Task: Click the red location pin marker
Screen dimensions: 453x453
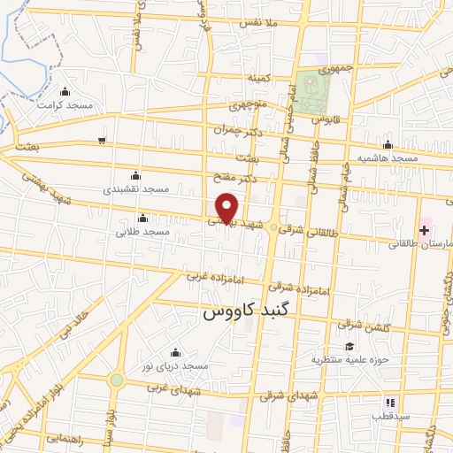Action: pos(227,207)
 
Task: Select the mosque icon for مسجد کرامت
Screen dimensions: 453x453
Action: pos(65,91)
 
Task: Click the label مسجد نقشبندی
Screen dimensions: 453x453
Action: pos(135,189)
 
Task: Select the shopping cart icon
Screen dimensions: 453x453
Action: pos(103,140)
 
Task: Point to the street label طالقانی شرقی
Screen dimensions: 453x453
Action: pos(309,233)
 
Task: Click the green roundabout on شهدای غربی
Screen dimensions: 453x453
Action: pos(117,380)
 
